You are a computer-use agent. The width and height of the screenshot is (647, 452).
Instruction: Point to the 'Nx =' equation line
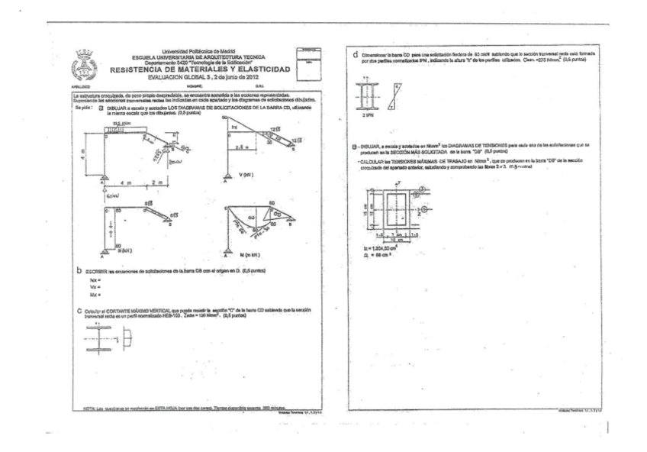[95, 279]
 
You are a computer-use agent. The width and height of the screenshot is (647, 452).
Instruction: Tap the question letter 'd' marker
[356, 54]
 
